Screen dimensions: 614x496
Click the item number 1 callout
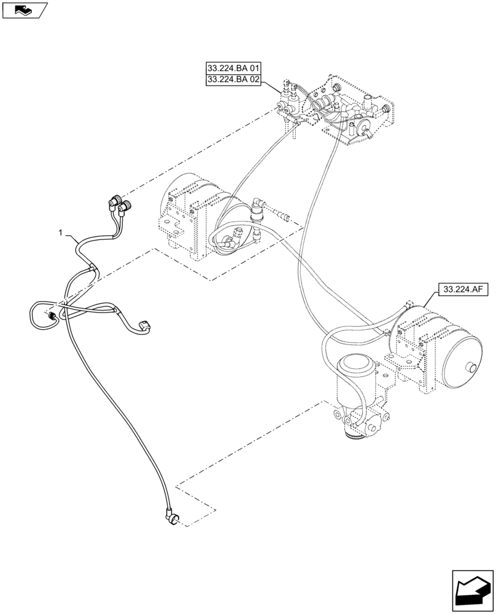coord(60,233)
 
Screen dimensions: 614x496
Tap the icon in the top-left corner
coord(25,9)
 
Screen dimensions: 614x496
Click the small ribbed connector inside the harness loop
coord(53,316)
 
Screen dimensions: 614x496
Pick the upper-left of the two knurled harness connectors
coord(114,200)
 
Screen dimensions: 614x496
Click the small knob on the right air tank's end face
coord(471,368)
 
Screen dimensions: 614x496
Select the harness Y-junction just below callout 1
coord(91,266)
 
